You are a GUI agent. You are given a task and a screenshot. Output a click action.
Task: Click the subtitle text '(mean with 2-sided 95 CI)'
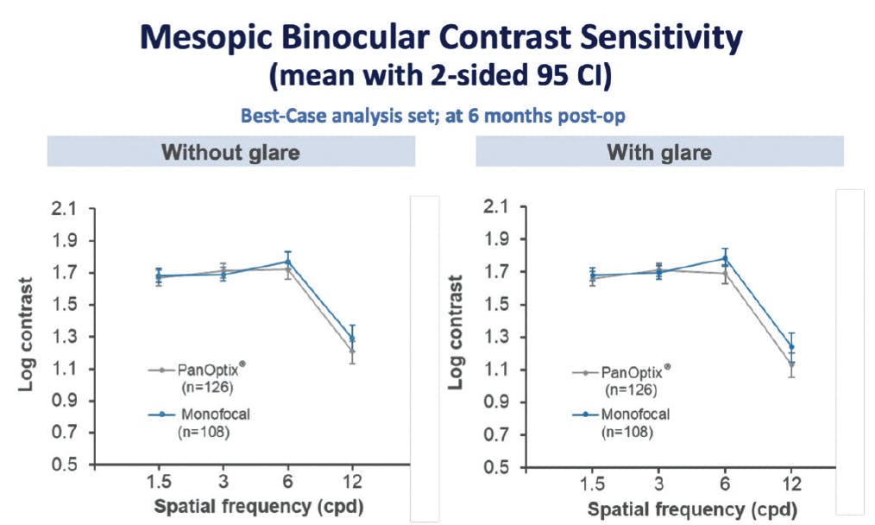click(x=440, y=76)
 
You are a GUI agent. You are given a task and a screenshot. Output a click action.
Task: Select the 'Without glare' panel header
click(x=230, y=153)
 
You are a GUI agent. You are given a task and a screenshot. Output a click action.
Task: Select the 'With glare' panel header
click(x=659, y=153)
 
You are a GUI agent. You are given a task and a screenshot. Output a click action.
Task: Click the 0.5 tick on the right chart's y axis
click(x=495, y=467)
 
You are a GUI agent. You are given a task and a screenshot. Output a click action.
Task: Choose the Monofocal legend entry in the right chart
click(x=635, y=414)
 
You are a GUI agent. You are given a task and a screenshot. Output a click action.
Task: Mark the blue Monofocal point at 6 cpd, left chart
click(x=287, y=262)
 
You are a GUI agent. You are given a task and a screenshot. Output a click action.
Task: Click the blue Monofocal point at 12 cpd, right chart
click(x=790, y=347)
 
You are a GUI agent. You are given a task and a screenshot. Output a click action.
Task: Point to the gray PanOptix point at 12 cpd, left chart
click(x=352, y=351)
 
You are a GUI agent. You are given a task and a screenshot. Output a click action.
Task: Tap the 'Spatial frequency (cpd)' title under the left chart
click(x=259, y=506)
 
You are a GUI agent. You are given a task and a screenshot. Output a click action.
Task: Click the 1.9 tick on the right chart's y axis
click(x=495, y=240)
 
